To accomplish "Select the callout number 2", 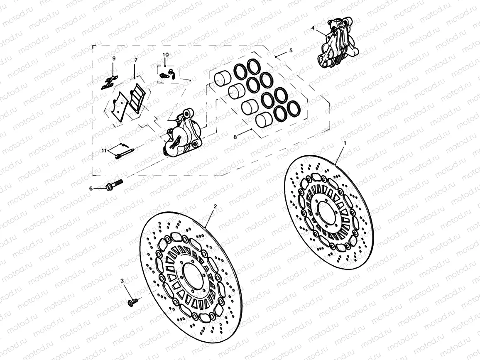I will [x=215, y=206].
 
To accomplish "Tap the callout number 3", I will [x=122, y=281].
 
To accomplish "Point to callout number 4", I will [x=313, y=28].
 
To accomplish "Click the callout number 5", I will [x=291, y=50].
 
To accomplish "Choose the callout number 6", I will [x=91, y=188].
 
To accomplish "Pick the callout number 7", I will [x=135, y=60].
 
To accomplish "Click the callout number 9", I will [x=113, y=59].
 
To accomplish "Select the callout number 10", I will [x=166, y=54].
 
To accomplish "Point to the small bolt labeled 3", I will [x=132, y=303].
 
